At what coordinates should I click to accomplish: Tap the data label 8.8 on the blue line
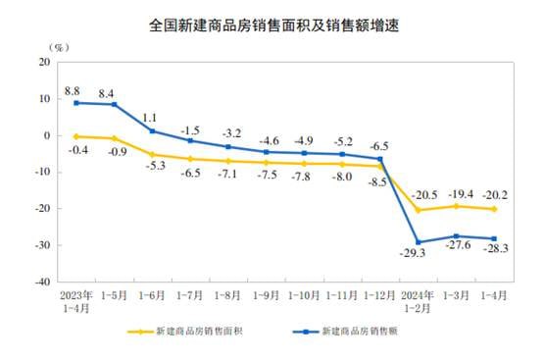click(72, 90)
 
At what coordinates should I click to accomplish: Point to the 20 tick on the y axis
click(44, 62)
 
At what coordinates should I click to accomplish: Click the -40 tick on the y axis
click(42, 282)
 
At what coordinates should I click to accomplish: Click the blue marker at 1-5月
click(114, 104)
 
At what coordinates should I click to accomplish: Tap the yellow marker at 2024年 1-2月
click(419, 210)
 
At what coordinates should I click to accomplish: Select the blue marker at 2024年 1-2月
click(419, 242)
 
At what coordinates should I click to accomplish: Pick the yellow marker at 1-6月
click(152, 154)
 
